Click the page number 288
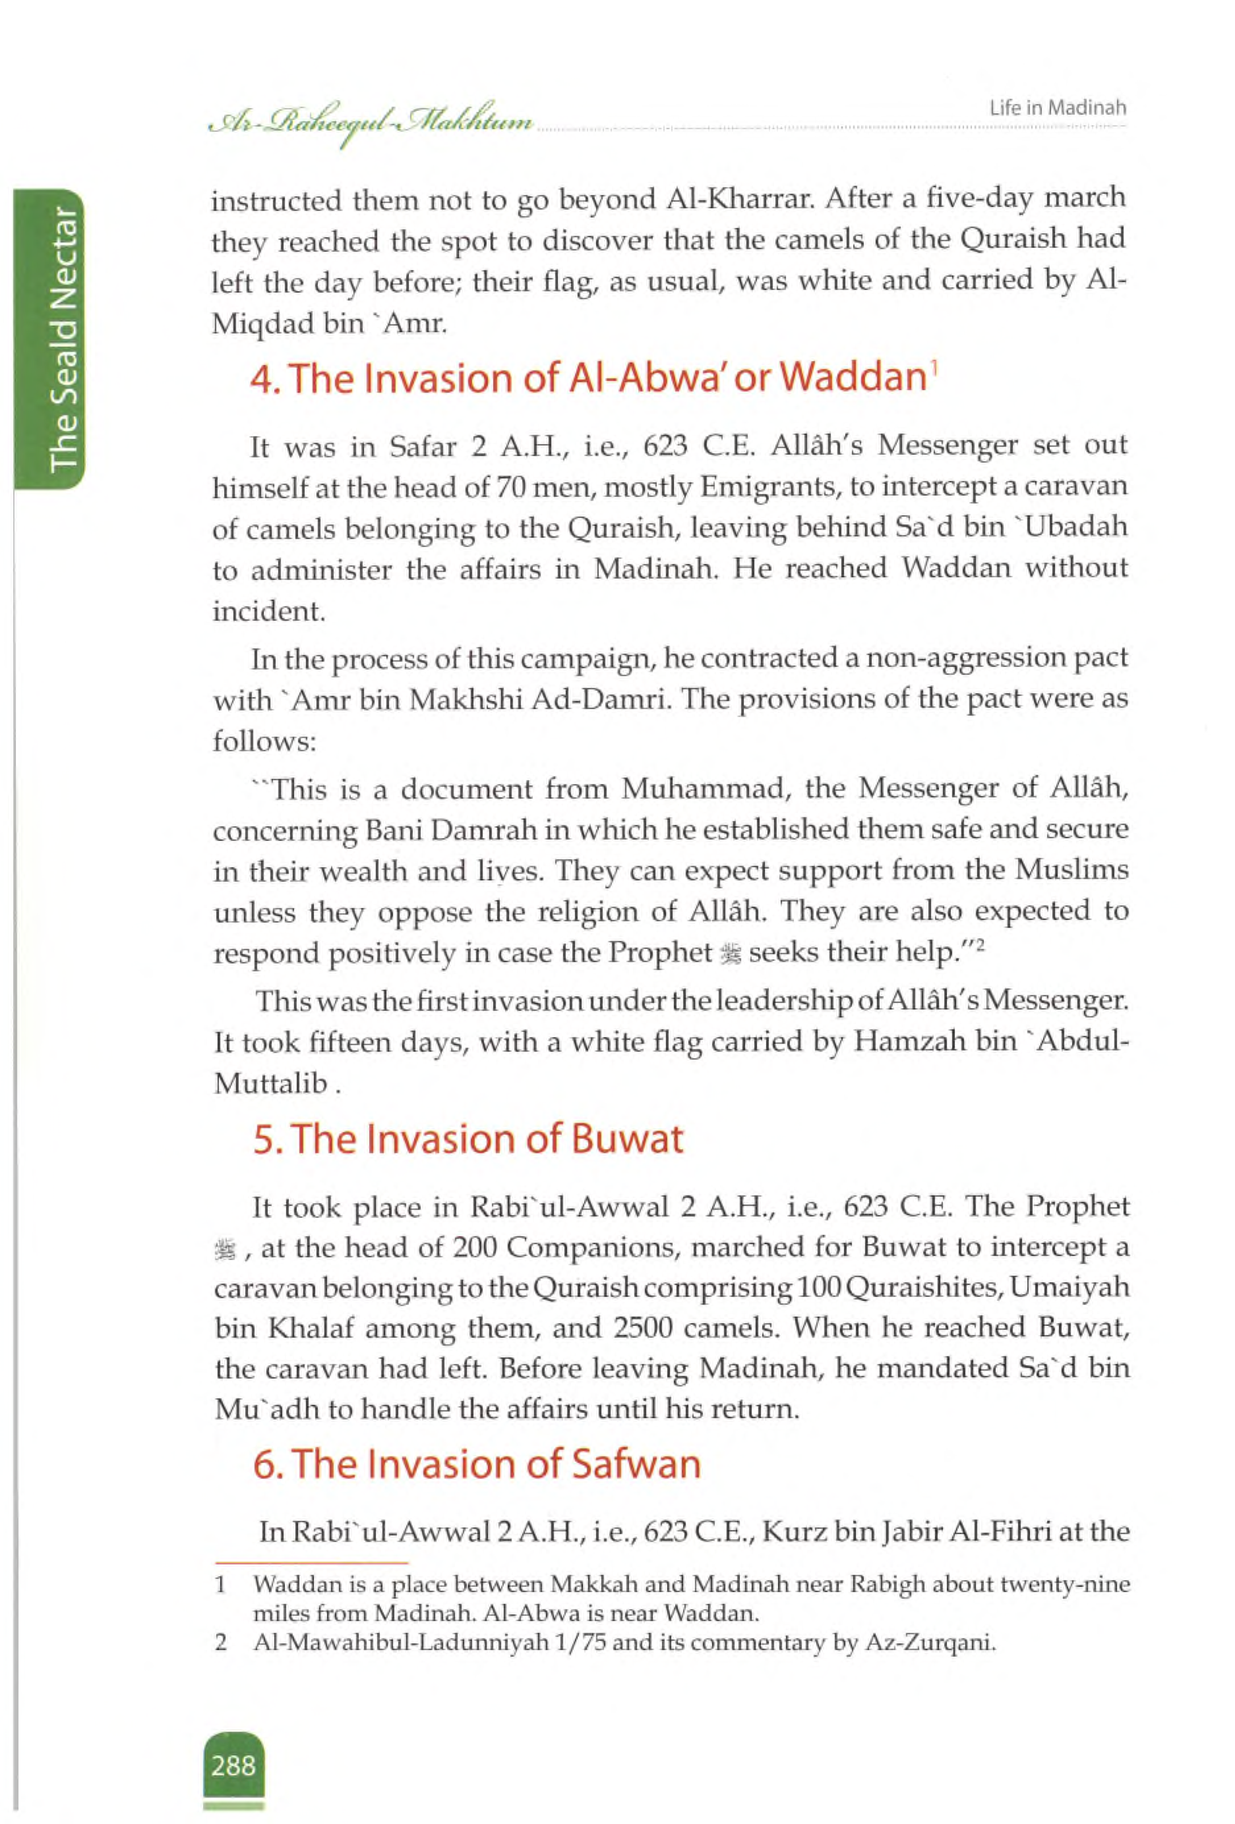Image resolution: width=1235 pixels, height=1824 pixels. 233,1766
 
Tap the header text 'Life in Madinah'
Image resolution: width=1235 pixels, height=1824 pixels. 1058,107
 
